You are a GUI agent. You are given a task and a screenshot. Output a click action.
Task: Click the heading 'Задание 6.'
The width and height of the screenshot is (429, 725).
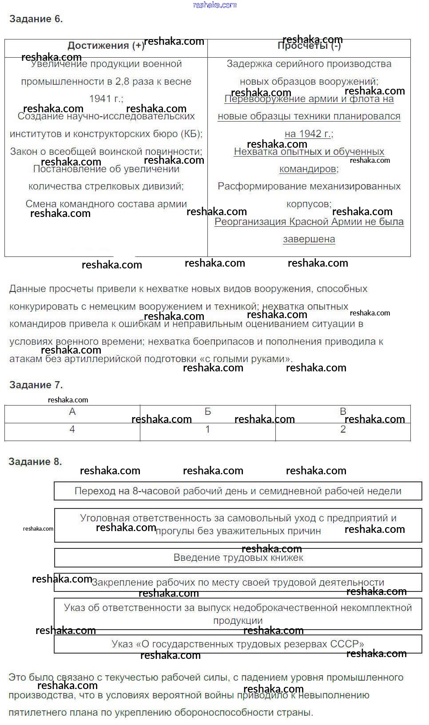pyautogui.click(x=36, y=19)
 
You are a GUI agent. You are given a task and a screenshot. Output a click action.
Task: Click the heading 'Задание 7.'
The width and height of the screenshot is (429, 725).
pyautogui.click(x=36, y=385)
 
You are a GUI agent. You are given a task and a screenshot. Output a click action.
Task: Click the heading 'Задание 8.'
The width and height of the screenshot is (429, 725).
pyautogui.click(x=35, y=462)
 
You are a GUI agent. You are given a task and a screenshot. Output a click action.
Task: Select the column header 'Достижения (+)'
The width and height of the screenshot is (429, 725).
pyautogui.click(x=106, y=46)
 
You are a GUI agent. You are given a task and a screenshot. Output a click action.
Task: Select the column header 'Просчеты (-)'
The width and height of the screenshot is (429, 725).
pyautogui.click(x=309, y=46)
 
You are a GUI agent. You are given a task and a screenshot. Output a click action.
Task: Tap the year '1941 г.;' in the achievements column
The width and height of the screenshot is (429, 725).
pyautogui.click(x=106, y=99)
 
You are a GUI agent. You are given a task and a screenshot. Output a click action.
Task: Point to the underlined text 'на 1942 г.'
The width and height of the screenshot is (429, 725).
pyautogui.click(x=308, y=134)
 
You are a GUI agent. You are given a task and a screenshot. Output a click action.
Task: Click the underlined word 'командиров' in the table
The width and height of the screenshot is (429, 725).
pyautogui.click(x=308, y=169)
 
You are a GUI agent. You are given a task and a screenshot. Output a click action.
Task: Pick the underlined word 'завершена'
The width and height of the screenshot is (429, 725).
pyautogui.click(x=309, y=239)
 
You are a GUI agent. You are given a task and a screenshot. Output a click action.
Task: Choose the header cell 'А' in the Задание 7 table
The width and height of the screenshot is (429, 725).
pyautogui.click(x=72, y=412)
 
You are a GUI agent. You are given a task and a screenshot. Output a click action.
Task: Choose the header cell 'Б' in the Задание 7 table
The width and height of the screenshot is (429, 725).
pyautogui.click(x=207, y=412)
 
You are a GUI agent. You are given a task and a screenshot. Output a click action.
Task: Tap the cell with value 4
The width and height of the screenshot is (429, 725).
pyautogui.click(x=72, y=429)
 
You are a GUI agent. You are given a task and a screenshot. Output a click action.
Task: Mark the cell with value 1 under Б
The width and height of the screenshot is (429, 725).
pyautogui.click(x=207, y=429)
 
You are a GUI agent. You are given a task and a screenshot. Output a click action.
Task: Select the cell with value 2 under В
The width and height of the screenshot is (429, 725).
pyautogui.click(x=343, y=429)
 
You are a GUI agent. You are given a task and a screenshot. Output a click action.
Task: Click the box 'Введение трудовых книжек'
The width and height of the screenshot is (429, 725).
pyautogui.click(x=238, y=558)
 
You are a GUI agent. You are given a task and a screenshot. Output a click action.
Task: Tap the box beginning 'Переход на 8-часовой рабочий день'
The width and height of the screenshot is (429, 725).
pyautogui.click(x=238, y=491)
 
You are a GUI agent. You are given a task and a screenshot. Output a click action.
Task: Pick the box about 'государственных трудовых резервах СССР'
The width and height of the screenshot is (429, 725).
pyautogui.click(x=238, y=644)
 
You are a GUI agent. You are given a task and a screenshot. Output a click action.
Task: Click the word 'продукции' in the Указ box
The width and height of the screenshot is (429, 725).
pyautogui.click(x=238, y=621)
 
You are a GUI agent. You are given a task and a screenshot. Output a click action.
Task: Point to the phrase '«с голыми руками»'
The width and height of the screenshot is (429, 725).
pyautogui.click(x=247, y=359)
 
